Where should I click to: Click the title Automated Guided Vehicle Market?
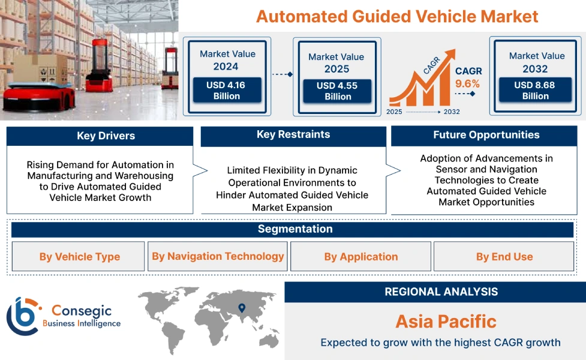click(397, 16)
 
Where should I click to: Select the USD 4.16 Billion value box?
click(227, 91)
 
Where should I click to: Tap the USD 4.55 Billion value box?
click(337, 91)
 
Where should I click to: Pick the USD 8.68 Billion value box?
click(535, 91)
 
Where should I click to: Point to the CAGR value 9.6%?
click(468, 83)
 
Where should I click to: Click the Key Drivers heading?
click(100, 136)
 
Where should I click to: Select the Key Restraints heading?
click(293, 135)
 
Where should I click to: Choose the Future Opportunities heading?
click(486, 135)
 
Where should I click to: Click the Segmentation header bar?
click(294, 229)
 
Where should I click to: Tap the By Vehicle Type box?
click(79, 257)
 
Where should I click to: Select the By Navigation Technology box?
click(218, 256)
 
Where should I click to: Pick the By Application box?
click(360, 257)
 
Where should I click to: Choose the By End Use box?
click(504, 257)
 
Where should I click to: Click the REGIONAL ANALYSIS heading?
click(441, 292)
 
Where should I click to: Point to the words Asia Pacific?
click(446, 322)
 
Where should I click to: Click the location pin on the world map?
click(242, 308)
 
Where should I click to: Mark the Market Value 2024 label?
click(227, 60)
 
